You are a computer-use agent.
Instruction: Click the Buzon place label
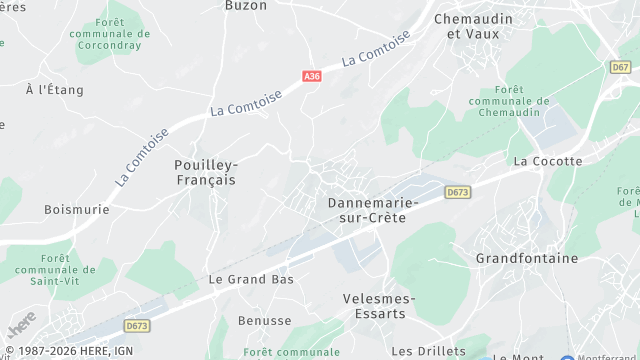pyautogui.click(x=245, y=5)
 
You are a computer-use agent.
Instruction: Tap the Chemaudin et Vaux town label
pyautogui.click(x=472, y=26)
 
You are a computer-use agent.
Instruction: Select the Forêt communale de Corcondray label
pyautogui.click(x=124, y=33)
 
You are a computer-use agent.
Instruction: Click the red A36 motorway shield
pyautogui.click(x=311, y=75)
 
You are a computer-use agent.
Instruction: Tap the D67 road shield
pyautogui.click(x=620, y=66)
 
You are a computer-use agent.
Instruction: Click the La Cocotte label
pyautogui.click(x=546, y=161)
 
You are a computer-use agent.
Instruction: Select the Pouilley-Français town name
pyautogui.click(x=205, y=172)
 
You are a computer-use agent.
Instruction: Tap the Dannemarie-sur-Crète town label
pyautogui.click(x=367, y=210)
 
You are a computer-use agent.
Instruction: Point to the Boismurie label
pyautogui.click(x=76, y=210)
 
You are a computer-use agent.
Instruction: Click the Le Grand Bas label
pyautogui.click(x=251, y=280)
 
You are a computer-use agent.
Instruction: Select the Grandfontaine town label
pyautogui.click(x=527, y=258)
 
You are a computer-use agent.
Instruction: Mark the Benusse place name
pyautogui.click(x=265, y=321)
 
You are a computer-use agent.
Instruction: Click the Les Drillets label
pyautogui.click(x=429, y=351)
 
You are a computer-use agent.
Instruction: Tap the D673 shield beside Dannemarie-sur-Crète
pyautogui.click(x=458, y=192)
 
